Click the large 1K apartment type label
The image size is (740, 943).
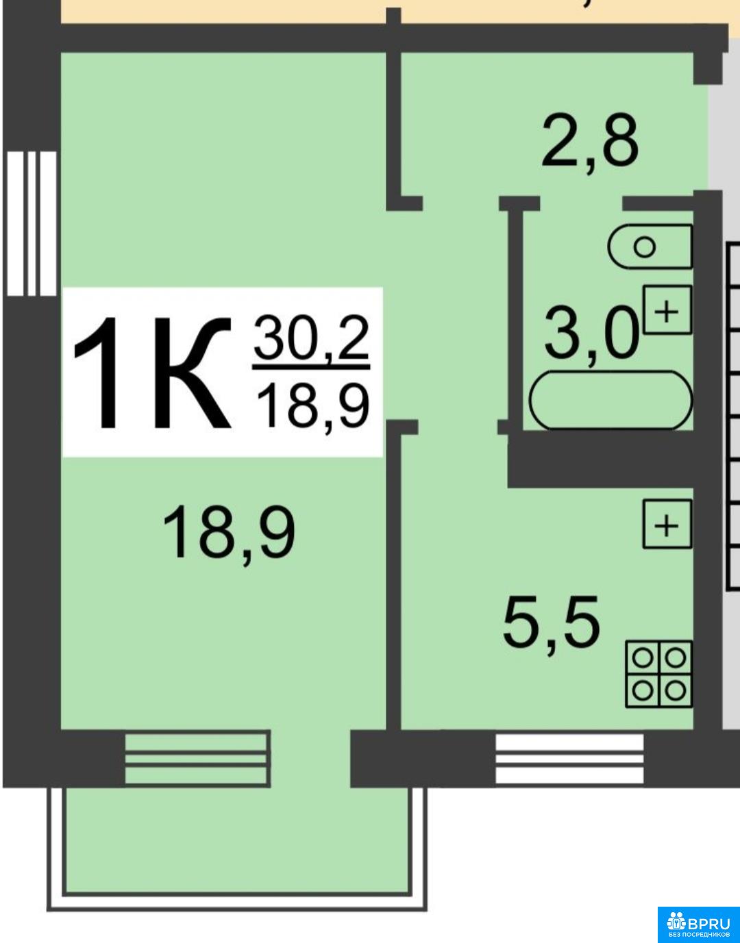151,373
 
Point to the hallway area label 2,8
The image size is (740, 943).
590,143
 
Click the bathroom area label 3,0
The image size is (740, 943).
592,334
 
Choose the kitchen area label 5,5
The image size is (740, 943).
551,627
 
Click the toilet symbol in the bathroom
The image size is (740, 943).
650,246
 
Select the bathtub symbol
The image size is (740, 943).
611,400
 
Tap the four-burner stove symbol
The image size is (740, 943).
659,674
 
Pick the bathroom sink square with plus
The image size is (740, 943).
667,310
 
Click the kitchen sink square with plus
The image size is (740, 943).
667,524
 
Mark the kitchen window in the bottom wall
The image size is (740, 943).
569,759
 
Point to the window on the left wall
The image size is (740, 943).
32,223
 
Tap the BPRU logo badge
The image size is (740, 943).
699,925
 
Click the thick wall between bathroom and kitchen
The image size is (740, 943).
601,461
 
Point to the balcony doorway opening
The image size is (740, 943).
310,759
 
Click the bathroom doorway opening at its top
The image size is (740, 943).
581,203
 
